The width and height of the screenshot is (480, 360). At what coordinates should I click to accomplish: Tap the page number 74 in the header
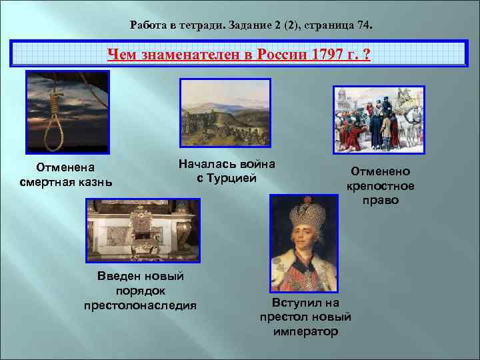(x=363, y=25)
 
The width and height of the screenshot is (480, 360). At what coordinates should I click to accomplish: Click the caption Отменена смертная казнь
(x=65, y=174)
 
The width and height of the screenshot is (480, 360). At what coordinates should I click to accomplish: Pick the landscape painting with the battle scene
(x=225, y=113)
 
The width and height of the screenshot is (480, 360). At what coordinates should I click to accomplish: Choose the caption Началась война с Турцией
(x=227, y=171)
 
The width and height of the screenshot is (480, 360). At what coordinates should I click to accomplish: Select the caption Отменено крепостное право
(x=380, y=185)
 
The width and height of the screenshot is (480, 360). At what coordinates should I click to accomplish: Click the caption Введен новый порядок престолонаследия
(x=140, y=291)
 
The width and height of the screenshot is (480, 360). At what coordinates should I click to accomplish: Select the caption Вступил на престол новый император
(x=305, y=317)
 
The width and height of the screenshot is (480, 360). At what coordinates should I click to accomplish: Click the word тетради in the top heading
(x=196, y=25)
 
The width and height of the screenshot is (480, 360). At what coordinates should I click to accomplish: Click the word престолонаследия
(x=140, y=305)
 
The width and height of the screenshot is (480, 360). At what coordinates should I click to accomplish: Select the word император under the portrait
(x=305, y=331)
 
